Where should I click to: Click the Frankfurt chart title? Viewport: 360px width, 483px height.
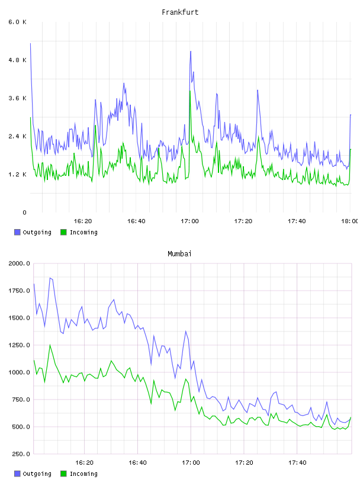click(180, 12)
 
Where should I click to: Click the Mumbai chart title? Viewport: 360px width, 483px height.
click(179, 254)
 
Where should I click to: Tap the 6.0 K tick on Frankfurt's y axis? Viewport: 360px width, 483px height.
click(18, 22)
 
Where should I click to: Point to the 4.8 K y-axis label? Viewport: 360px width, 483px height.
click(18, 60)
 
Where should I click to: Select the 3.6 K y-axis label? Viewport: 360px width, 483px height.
click(18, 98)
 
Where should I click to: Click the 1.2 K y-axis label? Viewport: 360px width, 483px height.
click(18, 175)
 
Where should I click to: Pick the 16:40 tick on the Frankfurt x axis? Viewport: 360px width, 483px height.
click(136, 221)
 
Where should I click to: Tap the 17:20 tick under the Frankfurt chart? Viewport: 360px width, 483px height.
click(243, 221)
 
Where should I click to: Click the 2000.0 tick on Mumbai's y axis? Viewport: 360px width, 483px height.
click(20, 263)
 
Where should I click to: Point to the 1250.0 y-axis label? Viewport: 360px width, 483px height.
click(20, 345)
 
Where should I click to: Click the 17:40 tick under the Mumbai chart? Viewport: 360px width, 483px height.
click(297, 463)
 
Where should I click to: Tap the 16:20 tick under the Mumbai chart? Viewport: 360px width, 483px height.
click(84, 463)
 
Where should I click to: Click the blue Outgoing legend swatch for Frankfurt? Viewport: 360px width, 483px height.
click(17, 232)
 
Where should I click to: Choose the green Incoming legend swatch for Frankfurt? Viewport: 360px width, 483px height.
click(63, 232)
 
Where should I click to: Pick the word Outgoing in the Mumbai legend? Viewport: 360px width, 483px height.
click(37, 474)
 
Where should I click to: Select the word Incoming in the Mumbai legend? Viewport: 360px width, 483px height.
click(83, 474)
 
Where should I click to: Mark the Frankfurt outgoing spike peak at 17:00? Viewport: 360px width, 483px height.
click(191, 51)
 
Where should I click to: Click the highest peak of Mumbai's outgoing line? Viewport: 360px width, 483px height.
click(50, 278)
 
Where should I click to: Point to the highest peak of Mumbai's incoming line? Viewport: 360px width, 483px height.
click(50, 345)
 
